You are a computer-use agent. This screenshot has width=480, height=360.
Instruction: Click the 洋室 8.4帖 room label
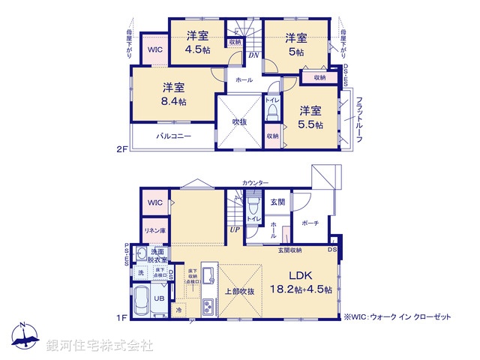(173, 93)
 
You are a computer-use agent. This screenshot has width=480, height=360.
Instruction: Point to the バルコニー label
(174, 136)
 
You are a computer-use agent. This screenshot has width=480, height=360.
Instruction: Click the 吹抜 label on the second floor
(240, 121)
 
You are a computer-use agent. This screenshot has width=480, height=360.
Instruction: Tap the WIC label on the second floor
(154, 50)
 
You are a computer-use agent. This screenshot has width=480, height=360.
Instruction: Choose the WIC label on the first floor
(154, 202)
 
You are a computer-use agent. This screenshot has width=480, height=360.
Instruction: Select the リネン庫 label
(154, 231)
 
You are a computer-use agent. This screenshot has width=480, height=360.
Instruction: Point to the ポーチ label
(310, 223)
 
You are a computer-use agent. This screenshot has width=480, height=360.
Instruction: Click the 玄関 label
(277, 201)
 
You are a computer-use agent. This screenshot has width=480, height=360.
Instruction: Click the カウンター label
(255, 183)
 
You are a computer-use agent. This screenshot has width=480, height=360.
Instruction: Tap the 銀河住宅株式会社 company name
(100, 346)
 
